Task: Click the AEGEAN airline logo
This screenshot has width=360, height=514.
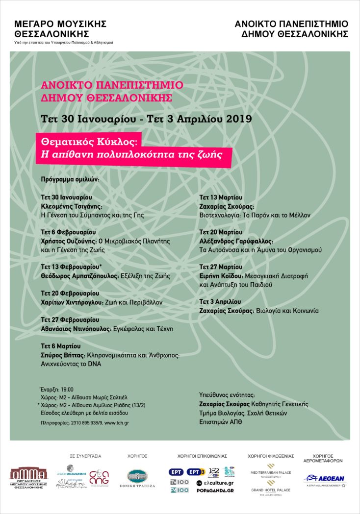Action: click(x=324, y=479)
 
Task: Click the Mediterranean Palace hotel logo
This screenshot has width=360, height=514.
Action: click(x=271, y=469)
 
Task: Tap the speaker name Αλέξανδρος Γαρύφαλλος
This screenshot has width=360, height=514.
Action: click(x=236, y=241)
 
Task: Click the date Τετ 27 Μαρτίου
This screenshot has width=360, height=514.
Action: click(x=220, y=267)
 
